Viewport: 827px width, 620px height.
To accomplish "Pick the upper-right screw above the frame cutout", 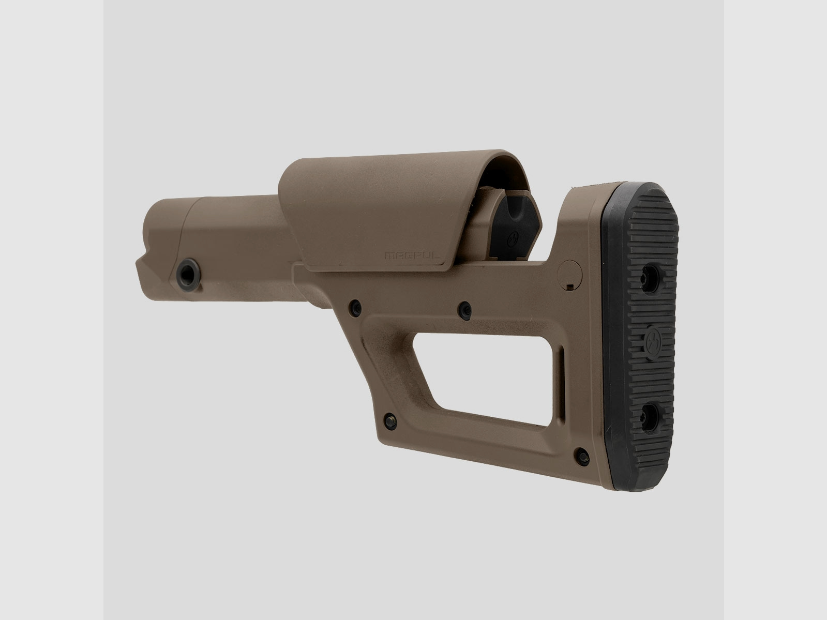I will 465,309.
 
